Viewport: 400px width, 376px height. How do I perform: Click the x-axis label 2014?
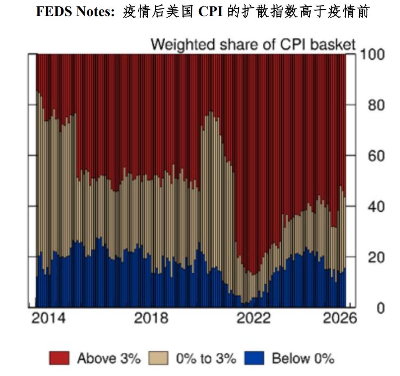[48, 319]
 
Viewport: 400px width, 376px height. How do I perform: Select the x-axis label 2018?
[151, 319]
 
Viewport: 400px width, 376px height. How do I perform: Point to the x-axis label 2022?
[253, 319]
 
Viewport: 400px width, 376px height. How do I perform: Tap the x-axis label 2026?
[339, 319]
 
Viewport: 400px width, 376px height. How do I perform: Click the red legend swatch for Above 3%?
[59, 358]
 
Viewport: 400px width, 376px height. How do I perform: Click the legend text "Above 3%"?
[109, 358]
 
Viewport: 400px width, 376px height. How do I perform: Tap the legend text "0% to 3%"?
[206, 358]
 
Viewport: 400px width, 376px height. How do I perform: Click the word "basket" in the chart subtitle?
[332, 44]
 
